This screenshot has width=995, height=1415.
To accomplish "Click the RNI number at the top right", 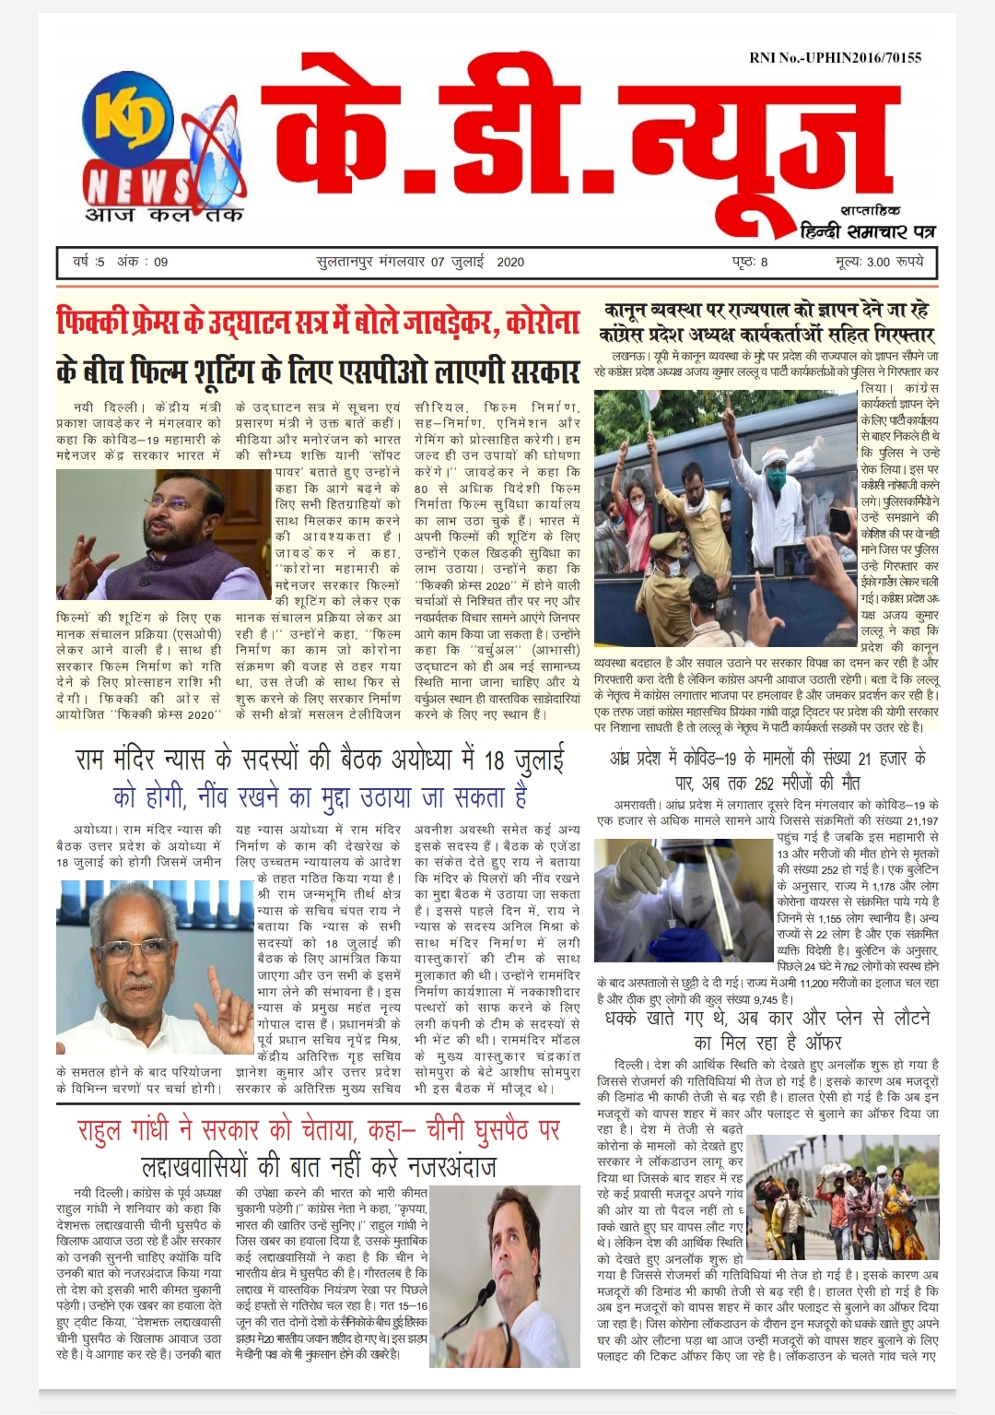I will tap(835, 57).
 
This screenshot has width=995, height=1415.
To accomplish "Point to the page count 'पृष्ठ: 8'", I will tap(751, 262).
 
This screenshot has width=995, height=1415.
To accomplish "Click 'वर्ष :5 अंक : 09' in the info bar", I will tap(121, 262).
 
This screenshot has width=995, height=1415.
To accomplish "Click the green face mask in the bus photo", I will tap(776, 478).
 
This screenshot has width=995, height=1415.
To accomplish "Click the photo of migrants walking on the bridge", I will tap(843, 1198).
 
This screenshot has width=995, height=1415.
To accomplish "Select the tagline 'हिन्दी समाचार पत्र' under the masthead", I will tap(868, 230).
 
